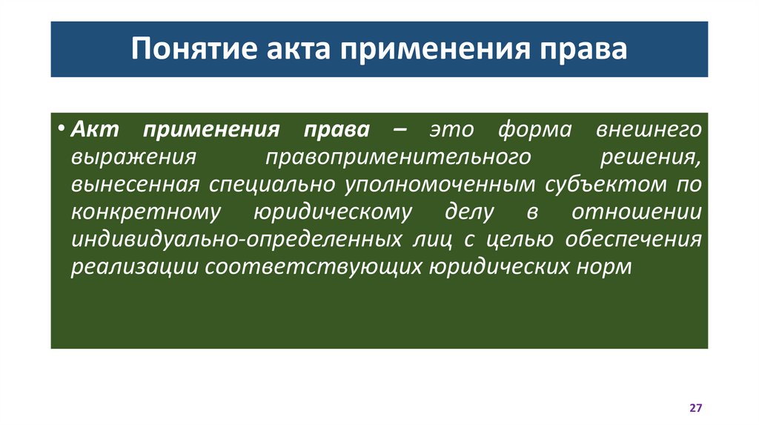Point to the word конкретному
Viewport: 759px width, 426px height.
tap(146, 212)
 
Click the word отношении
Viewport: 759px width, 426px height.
tap(637, 212)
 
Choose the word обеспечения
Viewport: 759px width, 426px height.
tap(634, 239)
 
